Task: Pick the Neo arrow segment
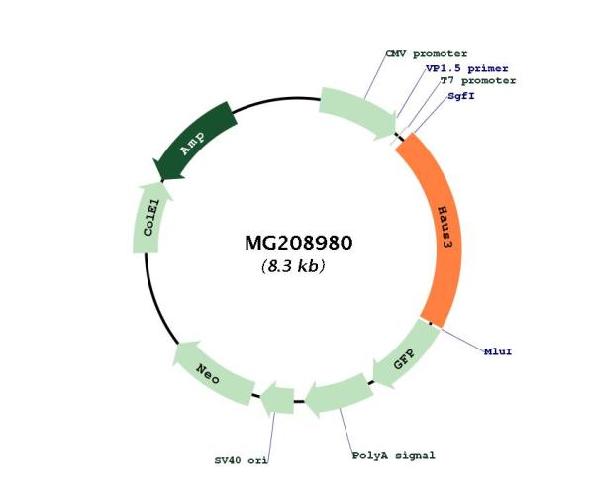(x=208, y=373)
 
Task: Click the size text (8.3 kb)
(x=293, y=266)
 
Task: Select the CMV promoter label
(x=426, y=53)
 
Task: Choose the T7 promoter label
(x=478, y=81)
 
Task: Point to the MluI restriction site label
(x=498, y=350)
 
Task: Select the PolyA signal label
(x=393, y=456)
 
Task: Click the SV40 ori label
(x=242, y=460)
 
